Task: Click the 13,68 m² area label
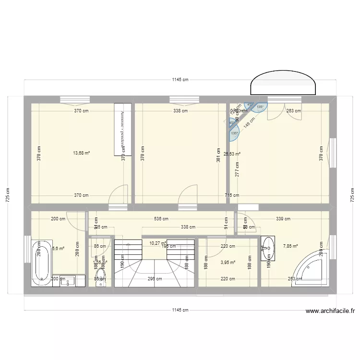[x=81, y=153]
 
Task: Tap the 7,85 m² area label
[x=290, y=247]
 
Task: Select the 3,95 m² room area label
[x=228, y=263]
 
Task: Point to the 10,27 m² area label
[x=157, y=243]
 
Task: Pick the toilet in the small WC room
[x=100, y=278]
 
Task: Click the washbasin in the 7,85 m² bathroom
[x=268, y=248]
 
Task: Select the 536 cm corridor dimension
[x=161, y=219]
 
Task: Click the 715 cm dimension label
[x=233, y=195]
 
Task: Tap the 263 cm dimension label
[x=293, y=111]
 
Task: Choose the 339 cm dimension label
[x=283, y=219]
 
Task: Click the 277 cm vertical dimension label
[x=237, y=169]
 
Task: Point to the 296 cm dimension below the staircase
[x=155, y=278]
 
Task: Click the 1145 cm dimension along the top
[x=180, y=80]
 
